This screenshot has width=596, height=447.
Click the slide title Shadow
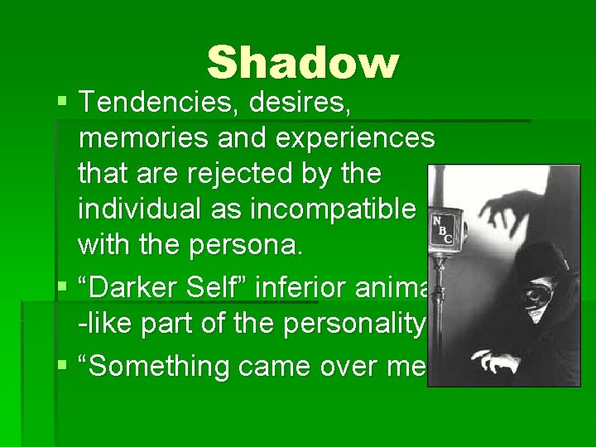click(303, 63)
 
